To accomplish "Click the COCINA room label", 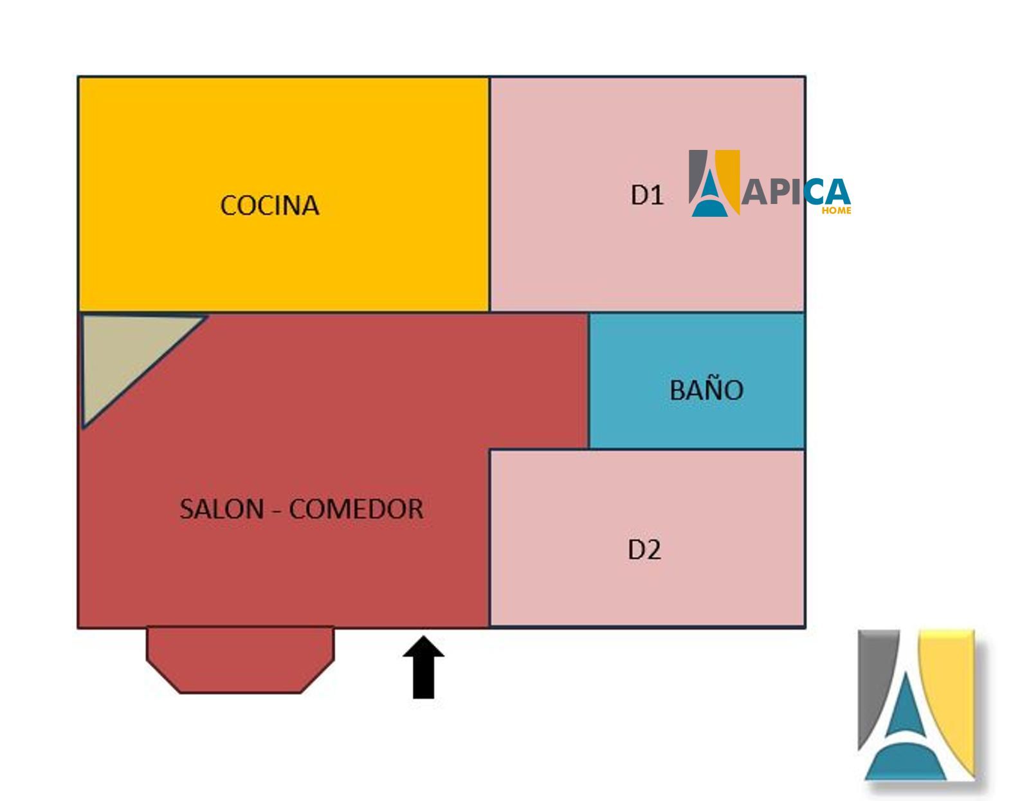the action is pyautogui.click(x=269, y=206).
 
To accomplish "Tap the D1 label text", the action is pyautogui.click(x=648, y=195).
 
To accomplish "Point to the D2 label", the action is pyautogui.click(x=644, y=550).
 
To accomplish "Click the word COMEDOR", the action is pyautogui.click(x=356, y=509).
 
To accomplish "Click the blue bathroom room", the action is pyautogui.click(x=697, y=381).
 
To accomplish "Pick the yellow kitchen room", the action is pyautogui.click(x=284, y=194).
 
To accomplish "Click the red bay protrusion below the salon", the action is pyautogui.click(x=241, y=660).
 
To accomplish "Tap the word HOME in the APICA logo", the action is pyautogui.click(x=836, y=211).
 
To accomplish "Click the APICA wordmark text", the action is pyautogui.click(x=796, y=191).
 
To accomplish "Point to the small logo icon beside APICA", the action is pyautogui.click(x=714, y=183).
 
